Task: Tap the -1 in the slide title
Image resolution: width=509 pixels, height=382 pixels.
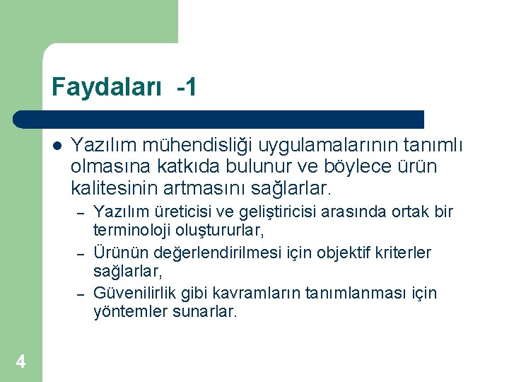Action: tap(187, 88)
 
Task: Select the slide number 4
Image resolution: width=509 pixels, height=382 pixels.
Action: tap(21, 362)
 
